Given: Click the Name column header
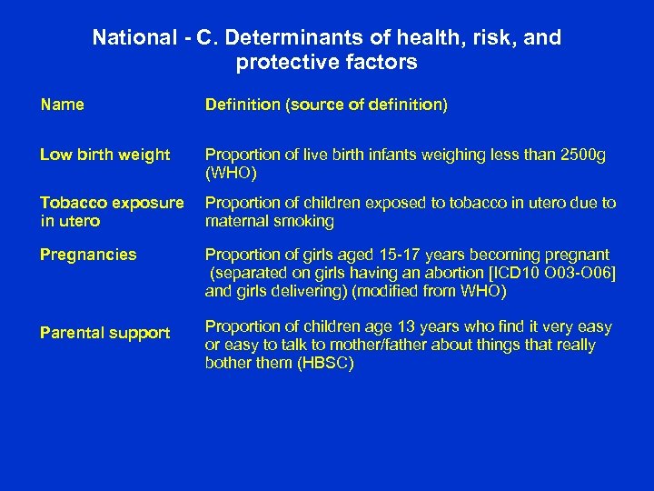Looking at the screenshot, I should pyautogui.click(x=63, y=105).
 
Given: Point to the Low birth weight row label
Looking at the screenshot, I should pyautogui.click(x=104, y=155).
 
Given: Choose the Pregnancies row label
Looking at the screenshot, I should pyautogui.click(x=88, y=255).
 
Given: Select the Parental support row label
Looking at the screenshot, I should pyautogui.click(x=104, y=333).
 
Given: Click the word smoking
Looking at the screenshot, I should pyautogui.click(x=305, y=221).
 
